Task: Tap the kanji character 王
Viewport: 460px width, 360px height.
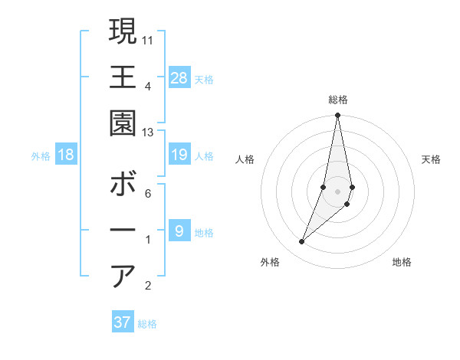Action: (x=123, y=77)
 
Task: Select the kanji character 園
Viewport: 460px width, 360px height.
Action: (x=123, y=123)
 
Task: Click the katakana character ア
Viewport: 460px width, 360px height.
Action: (x=123, y=276)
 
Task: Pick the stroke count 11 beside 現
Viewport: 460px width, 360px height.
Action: (x=148, y=39)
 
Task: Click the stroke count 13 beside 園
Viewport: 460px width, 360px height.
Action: (x=148, y=133)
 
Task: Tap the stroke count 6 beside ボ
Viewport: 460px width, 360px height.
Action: (x=148, y=194)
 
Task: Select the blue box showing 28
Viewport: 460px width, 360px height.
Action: (x=179, y=77)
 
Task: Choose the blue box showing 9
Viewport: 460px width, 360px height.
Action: (x=179, y=231)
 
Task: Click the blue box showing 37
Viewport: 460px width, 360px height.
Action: (x=123, y=322)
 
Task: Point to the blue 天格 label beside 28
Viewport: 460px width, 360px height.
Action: (x=204, y=80)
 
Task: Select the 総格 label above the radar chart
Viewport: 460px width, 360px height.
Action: (x=337, y=100)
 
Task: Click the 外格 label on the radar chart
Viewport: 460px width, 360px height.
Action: (x=270, y=262)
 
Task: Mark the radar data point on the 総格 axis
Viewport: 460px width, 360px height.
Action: (x=337, y=116)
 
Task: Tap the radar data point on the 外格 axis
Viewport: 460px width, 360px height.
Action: (x=301, y=242)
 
